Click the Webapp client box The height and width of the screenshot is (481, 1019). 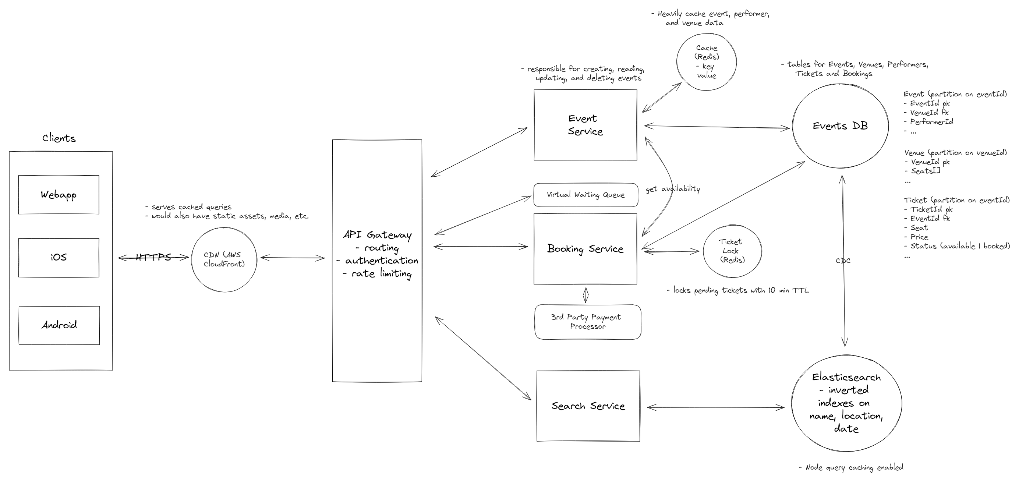[59, 195]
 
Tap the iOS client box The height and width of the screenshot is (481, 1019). [59, 258]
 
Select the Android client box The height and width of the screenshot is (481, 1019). [59, 325]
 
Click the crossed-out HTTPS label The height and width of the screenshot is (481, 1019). [153, 258]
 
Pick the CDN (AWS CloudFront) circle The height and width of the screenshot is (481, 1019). [224, 259]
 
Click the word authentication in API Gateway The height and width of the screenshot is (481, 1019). [381, 261]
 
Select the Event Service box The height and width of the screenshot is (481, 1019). [585, 125]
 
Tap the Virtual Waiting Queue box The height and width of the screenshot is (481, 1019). [585, 195]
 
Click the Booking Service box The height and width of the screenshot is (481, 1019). [585, 249]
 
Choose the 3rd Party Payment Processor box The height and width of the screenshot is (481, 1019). [587, 322]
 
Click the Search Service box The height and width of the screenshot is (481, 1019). [588, 406]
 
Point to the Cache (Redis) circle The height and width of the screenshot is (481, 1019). [707, 62]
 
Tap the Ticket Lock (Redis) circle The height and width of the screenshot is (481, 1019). [732, 251]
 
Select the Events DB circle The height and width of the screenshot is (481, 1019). [840, 126]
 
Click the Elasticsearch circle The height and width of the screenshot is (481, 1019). [846, 403]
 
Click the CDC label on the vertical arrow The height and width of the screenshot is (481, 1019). [843, 261]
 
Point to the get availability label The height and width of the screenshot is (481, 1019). [673, 189]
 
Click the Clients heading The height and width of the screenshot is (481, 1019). [59, 138]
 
